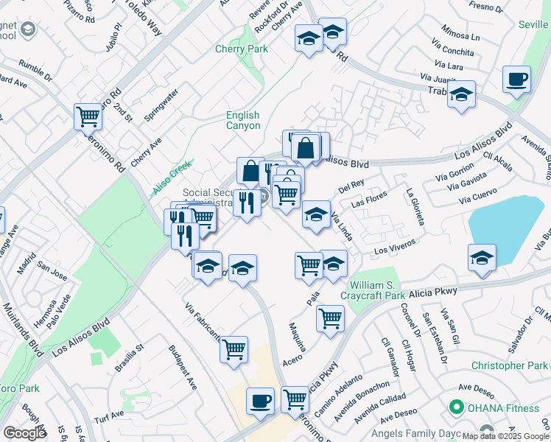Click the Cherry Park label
(x=242, y=49)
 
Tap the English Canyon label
(x=242, y=120)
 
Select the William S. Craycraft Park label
(x=378, y=290)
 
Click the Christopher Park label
(x=508, y=365)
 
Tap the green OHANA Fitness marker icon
(x=455, y=407)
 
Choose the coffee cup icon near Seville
(x=516, y=79)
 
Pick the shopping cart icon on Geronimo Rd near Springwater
(x=88, y=116)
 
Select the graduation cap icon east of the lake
(x=482, y=258)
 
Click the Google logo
(x=24, y=433)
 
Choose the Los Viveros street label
(x=396, y=247)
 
